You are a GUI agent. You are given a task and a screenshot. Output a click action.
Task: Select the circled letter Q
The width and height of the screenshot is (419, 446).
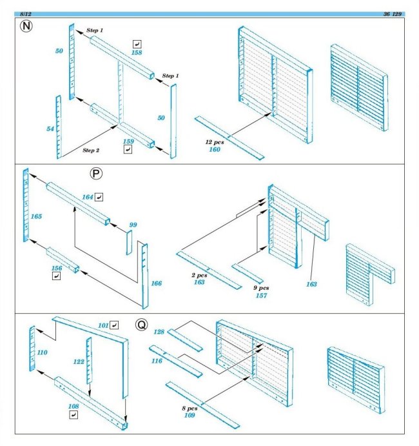click(141, 325)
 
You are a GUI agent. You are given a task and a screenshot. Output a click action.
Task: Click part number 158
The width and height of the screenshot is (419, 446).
click(135, 53)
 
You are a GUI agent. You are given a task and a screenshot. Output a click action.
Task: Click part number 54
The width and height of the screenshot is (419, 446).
click(50, 129)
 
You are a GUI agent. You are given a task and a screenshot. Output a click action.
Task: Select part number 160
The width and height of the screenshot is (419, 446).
click(214, 149)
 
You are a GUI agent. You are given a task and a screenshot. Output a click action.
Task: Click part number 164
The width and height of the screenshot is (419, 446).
click(88, 196)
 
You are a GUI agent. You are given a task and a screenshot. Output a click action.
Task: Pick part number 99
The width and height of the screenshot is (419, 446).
click(133, 225)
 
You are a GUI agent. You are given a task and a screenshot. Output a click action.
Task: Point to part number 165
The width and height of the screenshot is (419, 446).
click(36, 216)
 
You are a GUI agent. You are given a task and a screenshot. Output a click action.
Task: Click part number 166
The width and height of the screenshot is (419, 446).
click(156, 283)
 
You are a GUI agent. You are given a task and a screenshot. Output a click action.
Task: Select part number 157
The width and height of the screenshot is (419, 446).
click(260, 296)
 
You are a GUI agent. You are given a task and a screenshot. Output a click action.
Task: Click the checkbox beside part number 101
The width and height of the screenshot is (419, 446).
click(115, 324)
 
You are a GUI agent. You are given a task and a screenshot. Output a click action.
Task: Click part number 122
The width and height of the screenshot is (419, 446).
click(78, 362)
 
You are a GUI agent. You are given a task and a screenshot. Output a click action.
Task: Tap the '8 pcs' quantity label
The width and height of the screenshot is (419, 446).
click(190, 408)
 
